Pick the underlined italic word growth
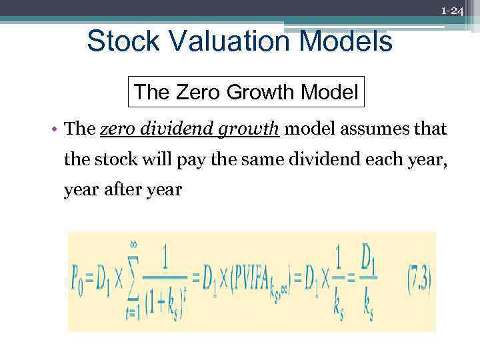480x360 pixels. pos(247,129)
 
